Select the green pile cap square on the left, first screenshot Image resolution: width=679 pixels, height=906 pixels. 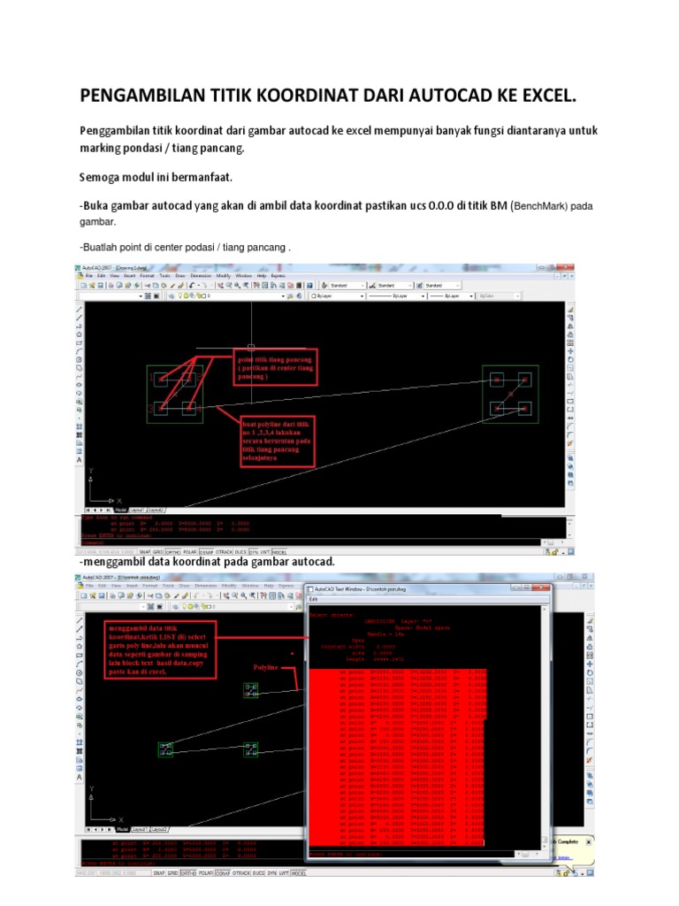click(175, 393)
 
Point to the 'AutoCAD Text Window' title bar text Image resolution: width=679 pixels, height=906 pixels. click(362, 589)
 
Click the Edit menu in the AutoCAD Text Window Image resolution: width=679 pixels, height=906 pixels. click(315, 599)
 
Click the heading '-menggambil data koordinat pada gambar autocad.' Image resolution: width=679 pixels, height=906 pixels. click(207, 562)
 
